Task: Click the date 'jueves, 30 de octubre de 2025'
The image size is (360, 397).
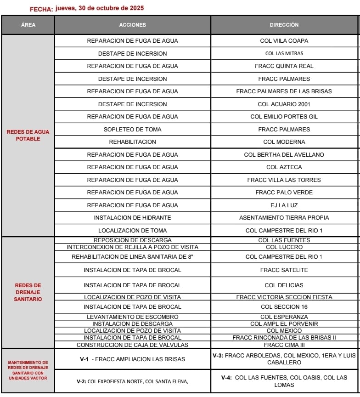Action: [x=100, y=8]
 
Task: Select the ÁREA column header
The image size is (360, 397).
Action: [x=28, y=25]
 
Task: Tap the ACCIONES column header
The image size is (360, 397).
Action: [x=132, y=25]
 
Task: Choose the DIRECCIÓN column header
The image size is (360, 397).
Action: [x=284, y=25]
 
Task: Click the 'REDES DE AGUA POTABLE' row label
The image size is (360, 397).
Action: [x=28, y=136]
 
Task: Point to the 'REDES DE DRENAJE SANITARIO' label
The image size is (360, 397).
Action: [x=28, y=292]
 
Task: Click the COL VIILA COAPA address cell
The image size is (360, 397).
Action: [x=284, y=41]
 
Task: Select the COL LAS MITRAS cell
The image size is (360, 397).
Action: [x=284, y=53]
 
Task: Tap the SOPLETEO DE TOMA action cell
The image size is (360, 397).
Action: [x=132, y=129]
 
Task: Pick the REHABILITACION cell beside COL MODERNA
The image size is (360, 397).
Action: [x=132, y=142]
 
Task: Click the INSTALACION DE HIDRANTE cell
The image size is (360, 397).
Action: [x=132, y=218]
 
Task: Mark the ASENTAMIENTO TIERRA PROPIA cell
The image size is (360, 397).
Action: [x=284, y=218]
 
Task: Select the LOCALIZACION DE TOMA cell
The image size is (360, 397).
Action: [x=132, y=230]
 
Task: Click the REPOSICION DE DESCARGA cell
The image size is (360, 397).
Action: [x=132, y=240]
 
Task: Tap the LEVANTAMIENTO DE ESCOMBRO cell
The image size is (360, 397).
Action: [x=132, y=317]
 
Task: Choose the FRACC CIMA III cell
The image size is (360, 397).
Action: [x=284, y=345]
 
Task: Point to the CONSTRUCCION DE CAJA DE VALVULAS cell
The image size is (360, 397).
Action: [x=132, y=345]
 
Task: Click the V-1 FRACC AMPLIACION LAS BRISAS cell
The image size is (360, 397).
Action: [x=132, y=359]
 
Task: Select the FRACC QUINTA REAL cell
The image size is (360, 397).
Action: [x=284, y=66]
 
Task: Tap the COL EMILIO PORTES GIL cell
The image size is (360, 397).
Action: [x=284, y=117]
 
